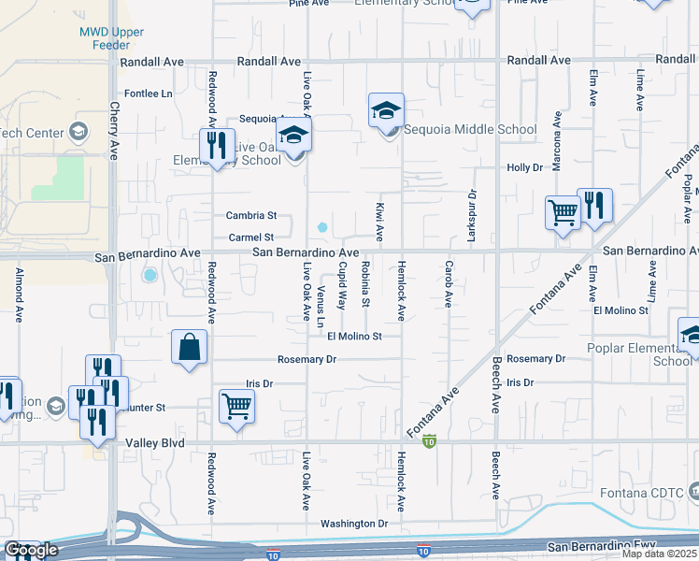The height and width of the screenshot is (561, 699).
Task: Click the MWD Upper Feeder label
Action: (111, 38)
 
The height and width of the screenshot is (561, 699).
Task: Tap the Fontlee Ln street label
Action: (150, 94)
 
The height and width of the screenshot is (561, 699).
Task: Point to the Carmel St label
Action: (252, 237)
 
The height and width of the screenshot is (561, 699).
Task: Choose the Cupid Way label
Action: (343, 286)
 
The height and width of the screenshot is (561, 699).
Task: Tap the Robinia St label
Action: (365, 285)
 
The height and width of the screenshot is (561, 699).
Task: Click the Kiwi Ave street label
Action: (380, 221)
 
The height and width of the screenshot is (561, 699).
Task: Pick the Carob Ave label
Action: (449, 286)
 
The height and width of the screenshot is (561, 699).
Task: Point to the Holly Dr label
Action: (524, 167)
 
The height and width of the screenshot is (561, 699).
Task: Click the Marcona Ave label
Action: (556, 136)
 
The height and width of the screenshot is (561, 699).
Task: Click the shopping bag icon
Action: (189, 347)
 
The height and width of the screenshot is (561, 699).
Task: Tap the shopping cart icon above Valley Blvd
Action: (237, 407)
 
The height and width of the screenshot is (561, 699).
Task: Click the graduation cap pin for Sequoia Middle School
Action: (386, 111)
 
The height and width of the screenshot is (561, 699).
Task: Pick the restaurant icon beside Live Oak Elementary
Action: (217, 146)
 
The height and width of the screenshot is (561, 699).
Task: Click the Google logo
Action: (31, 551)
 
